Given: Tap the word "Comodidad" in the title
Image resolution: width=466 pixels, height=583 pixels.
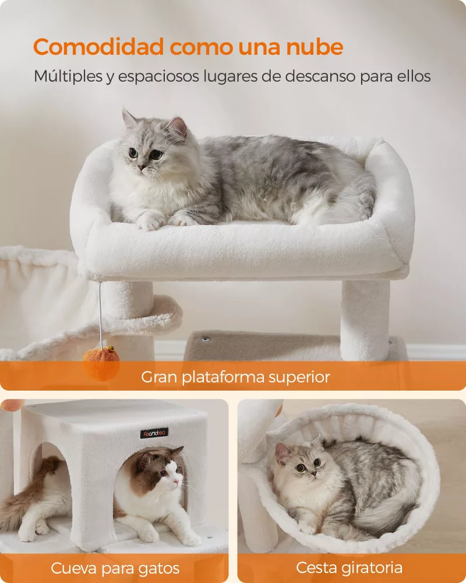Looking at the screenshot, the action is point(98,47).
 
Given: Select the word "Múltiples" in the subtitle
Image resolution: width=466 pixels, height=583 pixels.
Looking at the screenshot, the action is point(68,76).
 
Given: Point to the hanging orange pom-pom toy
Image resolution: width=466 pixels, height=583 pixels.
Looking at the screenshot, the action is point(101,363).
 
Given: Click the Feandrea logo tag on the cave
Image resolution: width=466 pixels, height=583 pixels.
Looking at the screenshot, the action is point(154,433).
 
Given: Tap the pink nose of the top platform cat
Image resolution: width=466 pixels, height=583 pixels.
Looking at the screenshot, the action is point(142,167).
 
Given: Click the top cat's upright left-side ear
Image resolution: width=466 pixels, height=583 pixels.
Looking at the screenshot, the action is point(129,118).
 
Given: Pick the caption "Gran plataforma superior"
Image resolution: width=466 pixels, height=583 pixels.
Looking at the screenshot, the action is point(235,377).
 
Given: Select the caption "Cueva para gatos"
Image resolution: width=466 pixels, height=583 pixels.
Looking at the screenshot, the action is point(115,568).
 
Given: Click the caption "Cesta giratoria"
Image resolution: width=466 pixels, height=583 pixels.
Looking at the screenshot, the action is point(349,568).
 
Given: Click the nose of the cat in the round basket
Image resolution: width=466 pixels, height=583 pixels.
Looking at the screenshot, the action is point(313,473).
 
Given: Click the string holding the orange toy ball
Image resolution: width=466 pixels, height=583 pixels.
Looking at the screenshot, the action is point(100,315).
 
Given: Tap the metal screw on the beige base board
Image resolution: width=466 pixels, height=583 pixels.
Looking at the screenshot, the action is point(204,339).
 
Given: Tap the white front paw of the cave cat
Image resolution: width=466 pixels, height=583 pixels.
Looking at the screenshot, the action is point(149,534).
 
